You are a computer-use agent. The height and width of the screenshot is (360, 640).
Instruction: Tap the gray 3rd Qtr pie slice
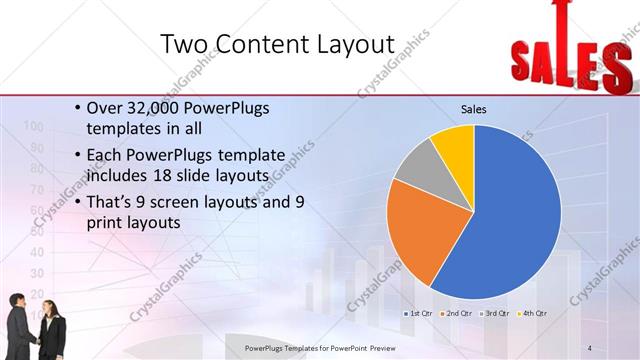pos(415,165)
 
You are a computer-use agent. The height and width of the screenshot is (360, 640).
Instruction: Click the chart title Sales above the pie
pos(473,109)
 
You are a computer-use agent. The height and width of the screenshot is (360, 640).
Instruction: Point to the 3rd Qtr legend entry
pos(497,313)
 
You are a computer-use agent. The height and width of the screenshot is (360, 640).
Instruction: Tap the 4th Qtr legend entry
pos(535,313)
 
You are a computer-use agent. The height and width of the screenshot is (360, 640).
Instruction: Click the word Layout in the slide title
pos(341,44)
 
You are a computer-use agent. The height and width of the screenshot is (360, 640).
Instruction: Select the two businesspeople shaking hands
pos(35,325)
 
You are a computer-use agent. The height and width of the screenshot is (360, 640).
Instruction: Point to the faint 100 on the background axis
pos(32,126)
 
